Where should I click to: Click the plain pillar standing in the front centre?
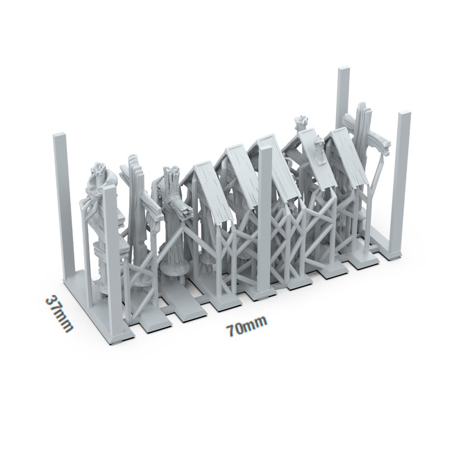[265, 218]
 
